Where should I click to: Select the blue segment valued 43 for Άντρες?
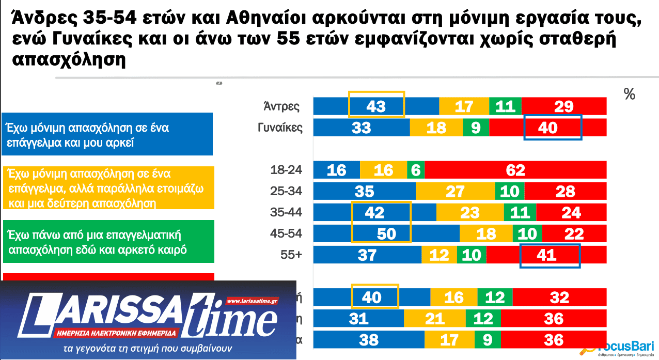[376, 106]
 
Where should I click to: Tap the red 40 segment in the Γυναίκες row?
[547, 127]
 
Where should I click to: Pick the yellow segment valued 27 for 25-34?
[455, 191]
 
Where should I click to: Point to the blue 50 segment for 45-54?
[386, 233]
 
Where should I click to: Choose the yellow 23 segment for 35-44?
[470, 212]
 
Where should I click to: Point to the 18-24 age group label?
[286, 170]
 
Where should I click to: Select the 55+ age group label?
[291, 255]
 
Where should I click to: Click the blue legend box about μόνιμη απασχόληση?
[107, 134]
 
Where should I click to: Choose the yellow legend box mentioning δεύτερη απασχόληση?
[107, 187]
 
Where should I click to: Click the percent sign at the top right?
[629, 95]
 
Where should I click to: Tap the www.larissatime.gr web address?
[252, 301]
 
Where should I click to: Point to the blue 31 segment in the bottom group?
[358, 318]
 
